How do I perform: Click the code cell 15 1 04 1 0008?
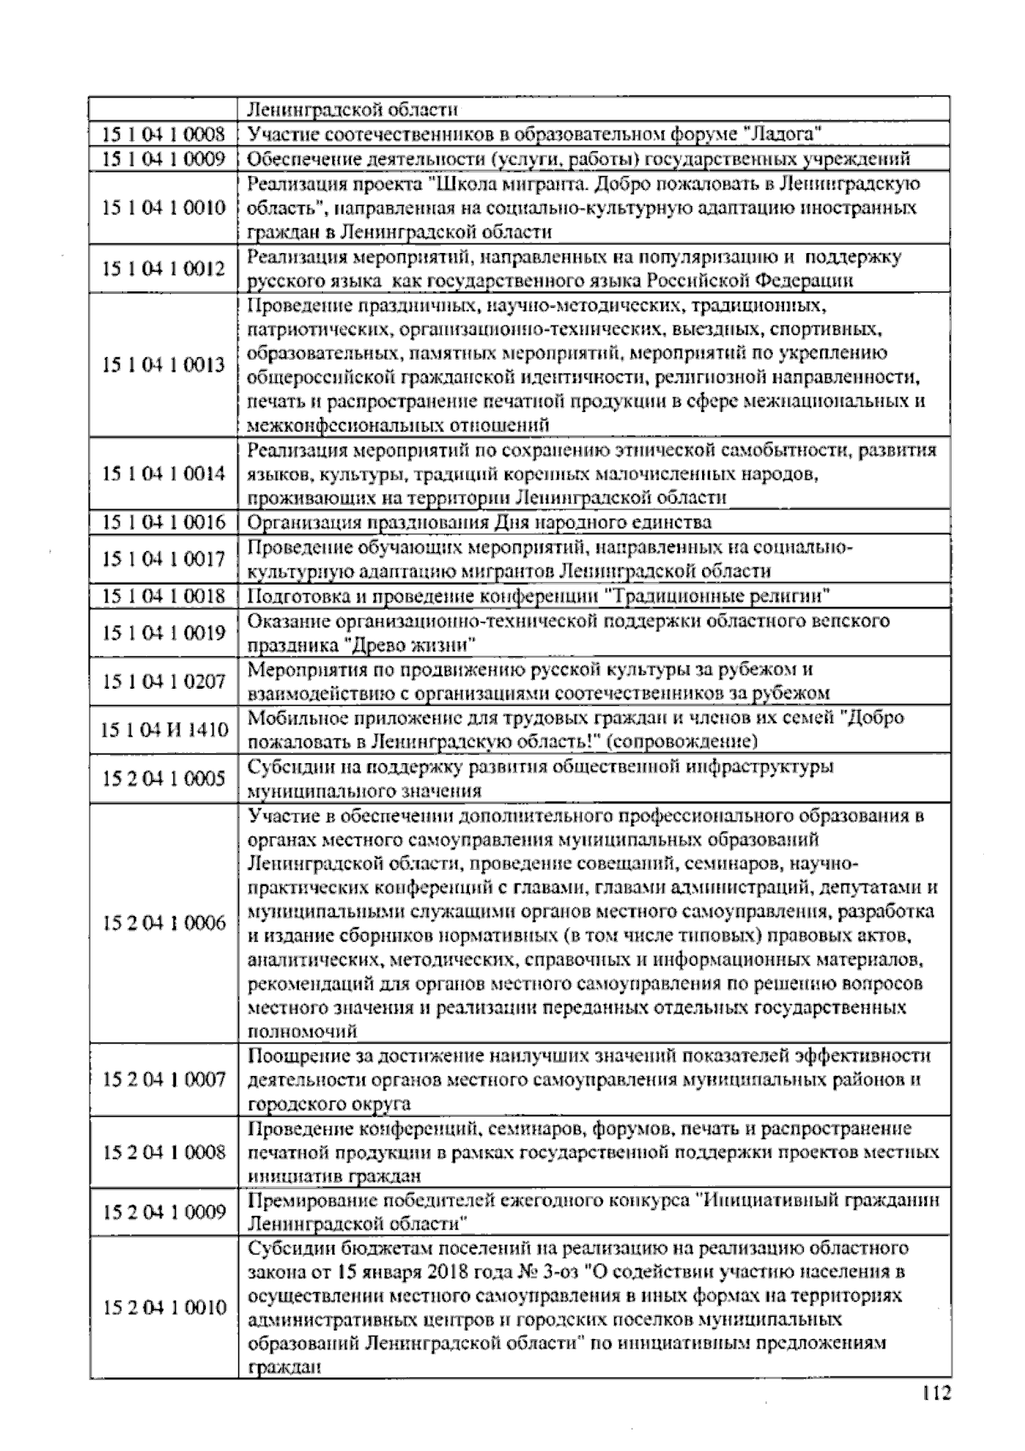(x=163, y=134)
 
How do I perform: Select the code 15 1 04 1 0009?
(x=163, y=159)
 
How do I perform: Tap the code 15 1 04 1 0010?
(x=163, y=209)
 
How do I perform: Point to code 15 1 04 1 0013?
(x=163, y=365)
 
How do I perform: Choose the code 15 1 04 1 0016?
(x=163, y=522)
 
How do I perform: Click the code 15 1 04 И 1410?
(x=163, y=730)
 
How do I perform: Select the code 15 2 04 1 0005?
(x=163, y=778)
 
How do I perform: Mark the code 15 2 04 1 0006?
(x=163, y=923)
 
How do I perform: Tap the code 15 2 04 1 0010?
(x=163, y=1307)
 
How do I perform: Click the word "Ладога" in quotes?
(x=783, y=134)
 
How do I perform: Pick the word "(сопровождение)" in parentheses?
(x=686, y=741)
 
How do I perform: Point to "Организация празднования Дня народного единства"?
(x=479, y=522)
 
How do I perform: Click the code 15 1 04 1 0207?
(x=163, y=681)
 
